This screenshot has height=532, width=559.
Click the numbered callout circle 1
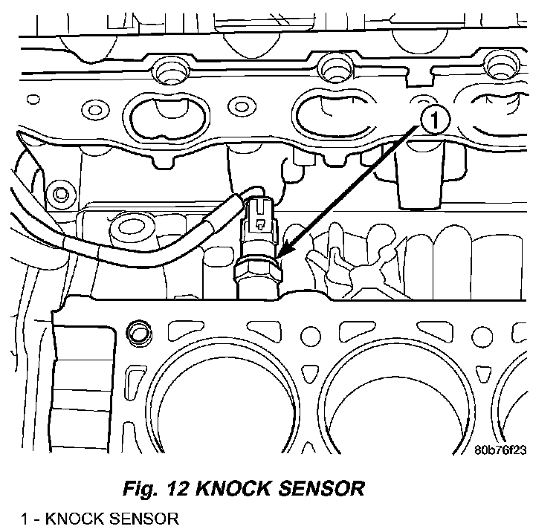point(435,120)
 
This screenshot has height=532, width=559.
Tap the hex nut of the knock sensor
point(258,270)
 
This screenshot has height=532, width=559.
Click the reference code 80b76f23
point(500,450)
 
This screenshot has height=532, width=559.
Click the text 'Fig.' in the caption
point(140,488)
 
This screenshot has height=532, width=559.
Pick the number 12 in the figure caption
point(178,488)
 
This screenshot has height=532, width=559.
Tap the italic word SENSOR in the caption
point(321,488)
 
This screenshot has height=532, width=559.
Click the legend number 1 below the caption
point(25,519)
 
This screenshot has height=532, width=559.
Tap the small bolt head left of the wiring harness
point(61,194)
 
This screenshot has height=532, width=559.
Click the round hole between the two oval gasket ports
point(242,106)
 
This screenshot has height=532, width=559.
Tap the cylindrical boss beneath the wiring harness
point(131,231)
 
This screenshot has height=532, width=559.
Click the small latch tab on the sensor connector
point(260,224)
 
